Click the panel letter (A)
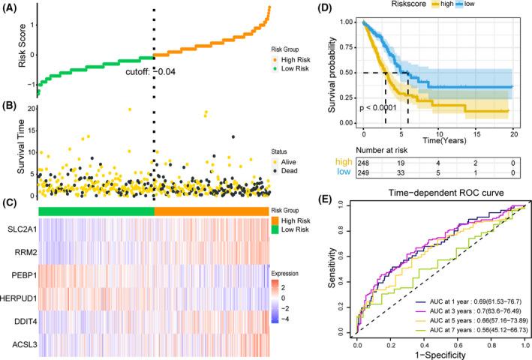pos(11,9)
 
